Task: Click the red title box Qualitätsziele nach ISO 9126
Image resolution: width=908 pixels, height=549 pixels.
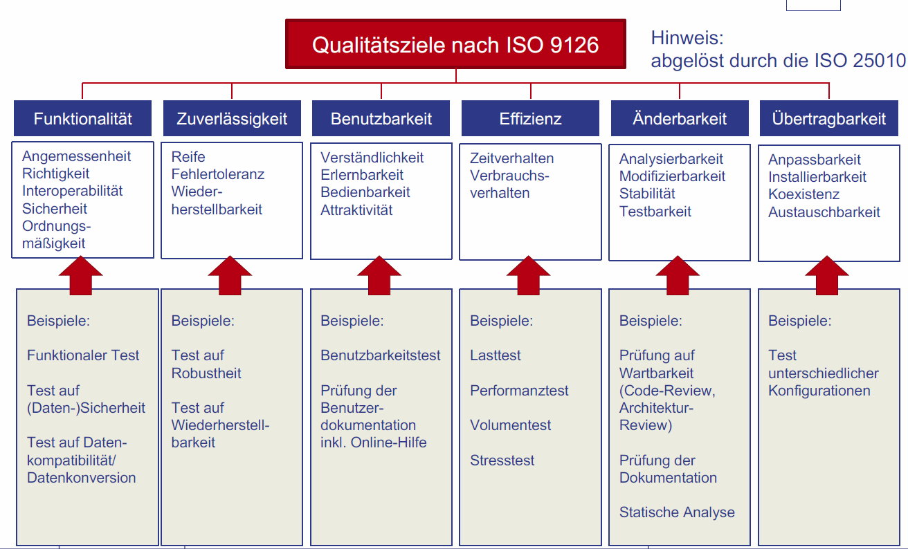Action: [x=455, y=45]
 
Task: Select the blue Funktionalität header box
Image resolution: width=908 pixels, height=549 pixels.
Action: [x=82, y=119]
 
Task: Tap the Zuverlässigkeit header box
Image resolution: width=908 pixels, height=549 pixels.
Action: [x=232, y=119]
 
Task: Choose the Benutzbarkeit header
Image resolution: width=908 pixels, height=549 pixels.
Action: [x=381, y=119]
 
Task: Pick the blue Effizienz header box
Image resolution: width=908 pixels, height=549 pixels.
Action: [x=530, y=119]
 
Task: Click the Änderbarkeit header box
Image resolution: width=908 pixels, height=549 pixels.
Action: [x=680, y=119]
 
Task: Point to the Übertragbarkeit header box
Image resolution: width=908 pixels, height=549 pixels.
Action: [x=828, y=119]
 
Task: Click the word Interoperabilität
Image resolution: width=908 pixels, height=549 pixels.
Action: [x=72, y=191]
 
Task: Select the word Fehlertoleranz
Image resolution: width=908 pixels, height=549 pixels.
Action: [x=217, y=174]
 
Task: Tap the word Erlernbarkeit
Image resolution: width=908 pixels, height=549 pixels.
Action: [x=361, y=175]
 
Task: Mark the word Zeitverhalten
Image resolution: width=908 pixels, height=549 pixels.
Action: [x=511, y=158]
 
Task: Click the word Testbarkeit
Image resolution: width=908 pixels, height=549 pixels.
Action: [x=655, y=212]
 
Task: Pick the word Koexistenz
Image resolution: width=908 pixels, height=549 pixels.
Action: [x=803, y=194]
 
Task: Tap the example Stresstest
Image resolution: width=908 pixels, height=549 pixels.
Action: [x=502, y=460]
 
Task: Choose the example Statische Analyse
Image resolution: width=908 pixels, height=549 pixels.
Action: [x=676, y=512]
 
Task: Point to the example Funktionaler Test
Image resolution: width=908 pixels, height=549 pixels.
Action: [x=83, y=355]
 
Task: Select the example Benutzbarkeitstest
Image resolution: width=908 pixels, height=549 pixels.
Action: [x=380, y=355]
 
